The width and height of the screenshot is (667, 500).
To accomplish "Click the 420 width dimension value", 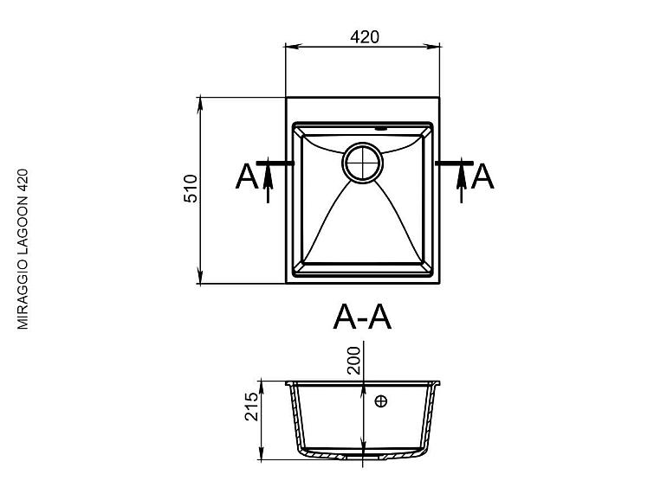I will pyautogui.click(x=365, y=37).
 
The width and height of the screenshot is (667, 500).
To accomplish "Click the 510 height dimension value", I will pyautogui.click(x=191, y=189).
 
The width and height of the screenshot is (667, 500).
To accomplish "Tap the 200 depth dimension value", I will pyautogui.click(x=353, y=357).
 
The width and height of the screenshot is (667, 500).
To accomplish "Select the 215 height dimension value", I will pyautogui.click(x=251, y=407).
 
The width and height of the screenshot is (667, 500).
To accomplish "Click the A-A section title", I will pyautogui.click(x=363, y=317).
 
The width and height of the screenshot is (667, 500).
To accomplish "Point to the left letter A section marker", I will pyautogui.click(x=247, y=176).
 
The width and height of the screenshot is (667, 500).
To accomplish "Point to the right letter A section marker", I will pyautogui.click(x=482, y=176).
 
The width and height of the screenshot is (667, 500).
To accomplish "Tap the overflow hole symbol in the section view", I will pyautogui.click(x=381, y=401).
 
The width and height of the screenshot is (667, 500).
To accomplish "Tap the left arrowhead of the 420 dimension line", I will pyautogui.click(x=291, y=48).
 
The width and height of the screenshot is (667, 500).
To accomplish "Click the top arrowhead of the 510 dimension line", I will pyautogui.click(x=201, y=103).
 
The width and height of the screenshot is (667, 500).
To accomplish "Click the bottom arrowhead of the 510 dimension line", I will pyautogui.click(x=201, y=279).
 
